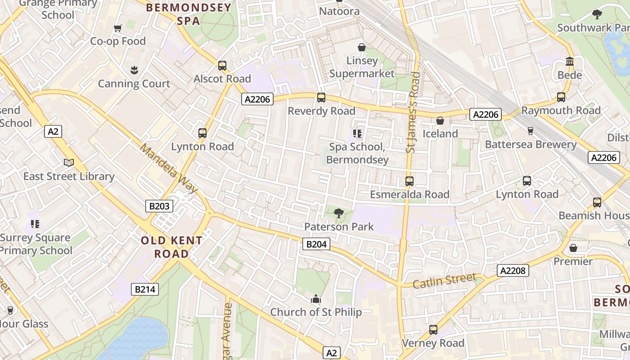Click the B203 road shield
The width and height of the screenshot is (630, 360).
159,206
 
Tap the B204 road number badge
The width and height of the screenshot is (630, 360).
316,244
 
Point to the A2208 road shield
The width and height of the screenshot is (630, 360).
513,270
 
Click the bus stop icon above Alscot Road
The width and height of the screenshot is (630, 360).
222,66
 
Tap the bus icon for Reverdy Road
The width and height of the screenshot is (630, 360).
321,98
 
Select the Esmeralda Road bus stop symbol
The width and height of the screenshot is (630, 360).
409,181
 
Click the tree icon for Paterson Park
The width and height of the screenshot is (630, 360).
339,213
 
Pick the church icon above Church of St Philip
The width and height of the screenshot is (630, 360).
316,299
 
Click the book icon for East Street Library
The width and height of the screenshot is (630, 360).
69,163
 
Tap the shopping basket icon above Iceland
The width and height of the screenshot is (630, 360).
440,121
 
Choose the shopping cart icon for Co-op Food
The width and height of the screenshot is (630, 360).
118,28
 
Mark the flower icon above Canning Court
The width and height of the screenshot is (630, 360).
134,70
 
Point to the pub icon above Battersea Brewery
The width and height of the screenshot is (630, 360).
531,131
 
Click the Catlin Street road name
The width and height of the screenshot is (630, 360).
444,281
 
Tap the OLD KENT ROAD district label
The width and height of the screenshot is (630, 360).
171,247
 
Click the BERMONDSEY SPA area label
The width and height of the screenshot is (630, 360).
189,14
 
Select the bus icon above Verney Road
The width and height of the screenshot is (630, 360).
433,330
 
